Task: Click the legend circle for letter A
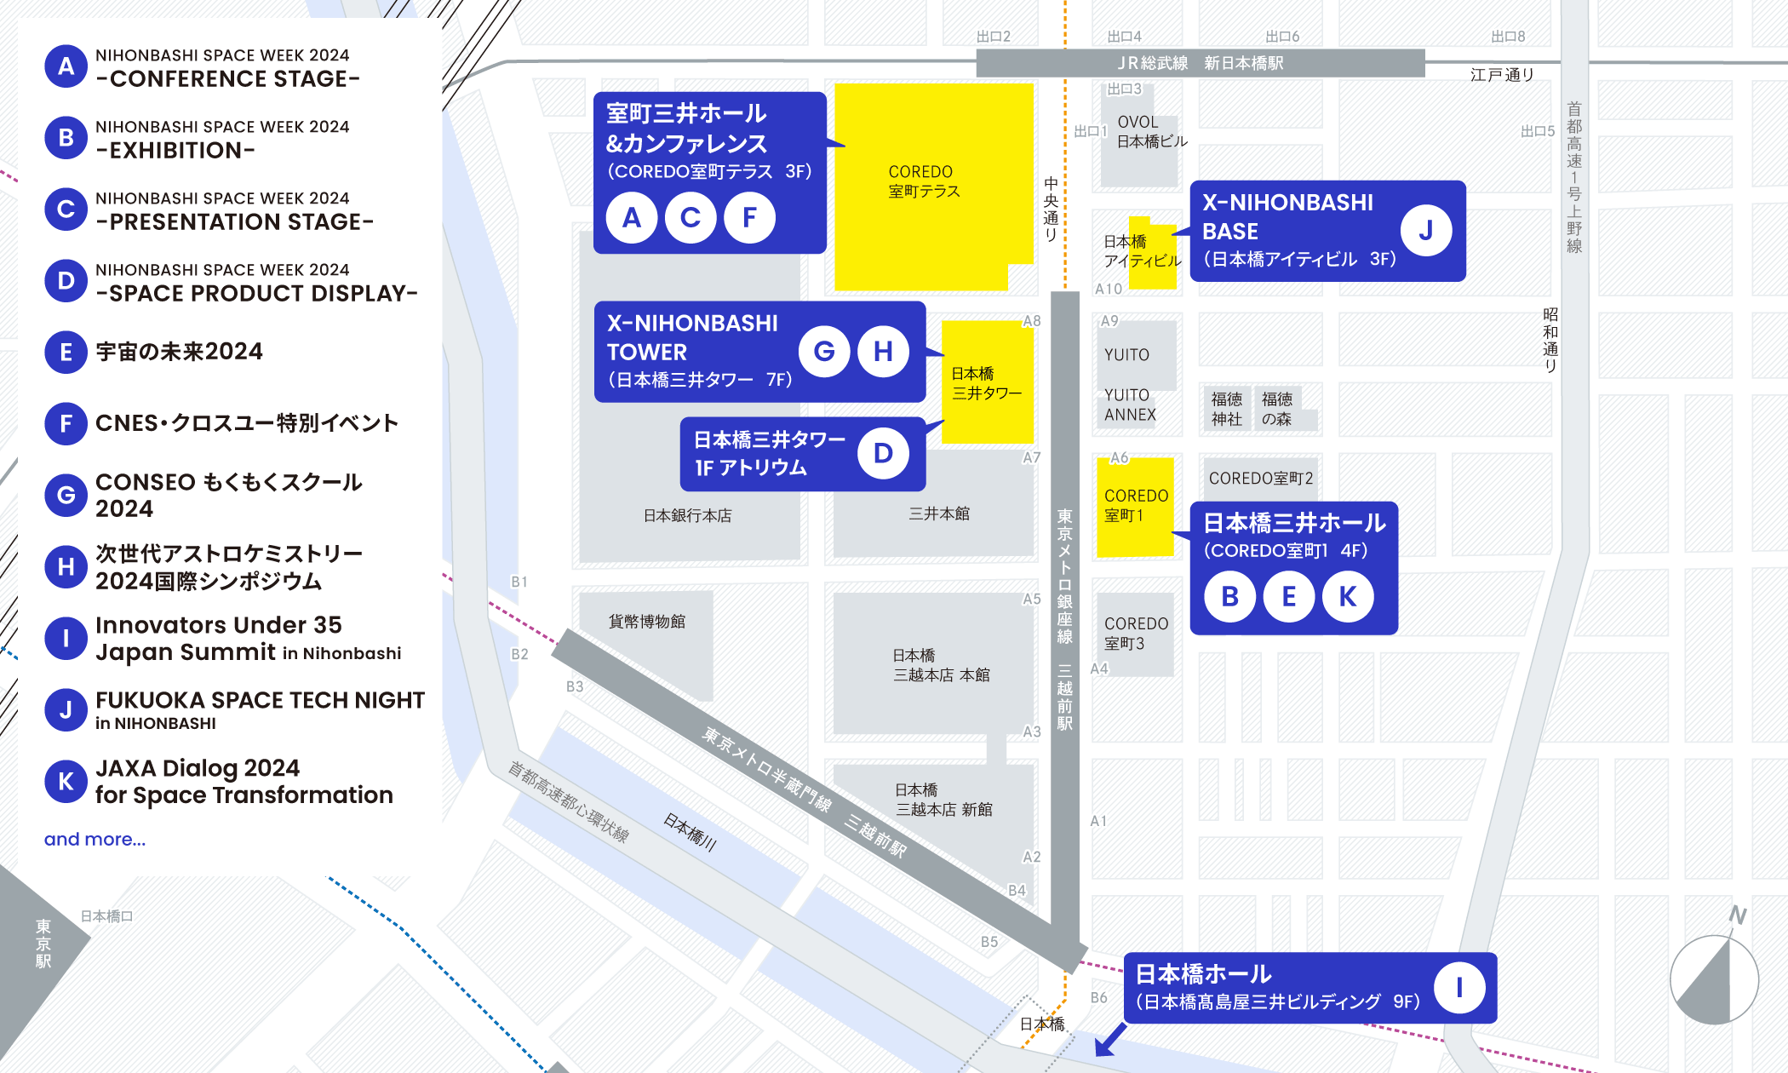tap(66, 66)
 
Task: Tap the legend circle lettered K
tap(66, 781)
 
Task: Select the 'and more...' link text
tap(95, 839)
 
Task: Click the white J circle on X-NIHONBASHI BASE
tap(1425, 230)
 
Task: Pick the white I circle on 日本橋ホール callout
tap(1458, 987)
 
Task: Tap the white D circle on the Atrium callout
tap(883, 453)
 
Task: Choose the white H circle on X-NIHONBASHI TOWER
tap(883, 351)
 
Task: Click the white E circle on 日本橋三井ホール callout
tap(1288, 596)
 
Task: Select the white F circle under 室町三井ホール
tap(749, 217)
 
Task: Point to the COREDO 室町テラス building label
tap(923, 181)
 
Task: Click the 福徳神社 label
tap(1227, 409)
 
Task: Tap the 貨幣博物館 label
tap(647, 622)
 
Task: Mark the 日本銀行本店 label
tap(687, 515)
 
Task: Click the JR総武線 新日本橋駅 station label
tap(1200, 63)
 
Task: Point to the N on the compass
tap(1737, 915)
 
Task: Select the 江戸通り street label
tap(1502, 75)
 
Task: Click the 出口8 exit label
tap(1508, 37)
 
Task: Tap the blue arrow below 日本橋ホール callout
tap(1109, 1041)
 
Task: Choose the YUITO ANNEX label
tap(1129, 405)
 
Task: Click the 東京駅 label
tap(43, 944)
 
